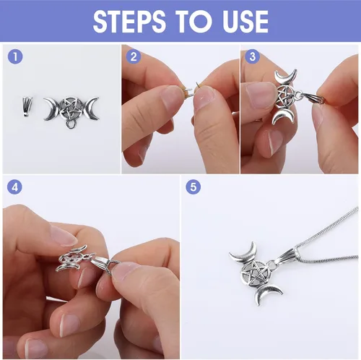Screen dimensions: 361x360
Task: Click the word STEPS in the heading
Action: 129,21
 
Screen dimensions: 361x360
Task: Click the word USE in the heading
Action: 245,21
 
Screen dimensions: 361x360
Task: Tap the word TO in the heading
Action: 193,21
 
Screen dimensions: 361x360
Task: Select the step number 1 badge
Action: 15,56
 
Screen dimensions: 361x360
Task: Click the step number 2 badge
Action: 134,56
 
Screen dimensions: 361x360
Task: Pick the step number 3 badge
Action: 252,56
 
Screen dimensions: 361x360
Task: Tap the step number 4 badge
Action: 14,187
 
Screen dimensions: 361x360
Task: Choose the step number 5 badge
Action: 193,187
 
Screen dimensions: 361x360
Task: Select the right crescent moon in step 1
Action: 92,108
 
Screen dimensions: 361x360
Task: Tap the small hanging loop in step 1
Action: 71,124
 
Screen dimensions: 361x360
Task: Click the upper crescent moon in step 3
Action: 285,77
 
